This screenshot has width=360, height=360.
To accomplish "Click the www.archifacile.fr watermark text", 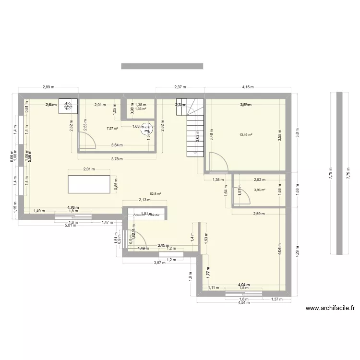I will pos(329,309).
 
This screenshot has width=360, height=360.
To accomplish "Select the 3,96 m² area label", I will pos(260,190).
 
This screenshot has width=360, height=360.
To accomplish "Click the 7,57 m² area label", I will pos(112,129).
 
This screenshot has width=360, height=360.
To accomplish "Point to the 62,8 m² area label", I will pos(156,194).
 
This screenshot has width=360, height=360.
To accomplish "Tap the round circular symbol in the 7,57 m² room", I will pos(147,128).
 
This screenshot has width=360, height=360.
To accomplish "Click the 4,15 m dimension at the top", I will pos(248,87).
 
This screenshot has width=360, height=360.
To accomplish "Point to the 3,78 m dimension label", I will pos(117,159).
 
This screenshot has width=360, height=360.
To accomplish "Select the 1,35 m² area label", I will pos(140,108).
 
